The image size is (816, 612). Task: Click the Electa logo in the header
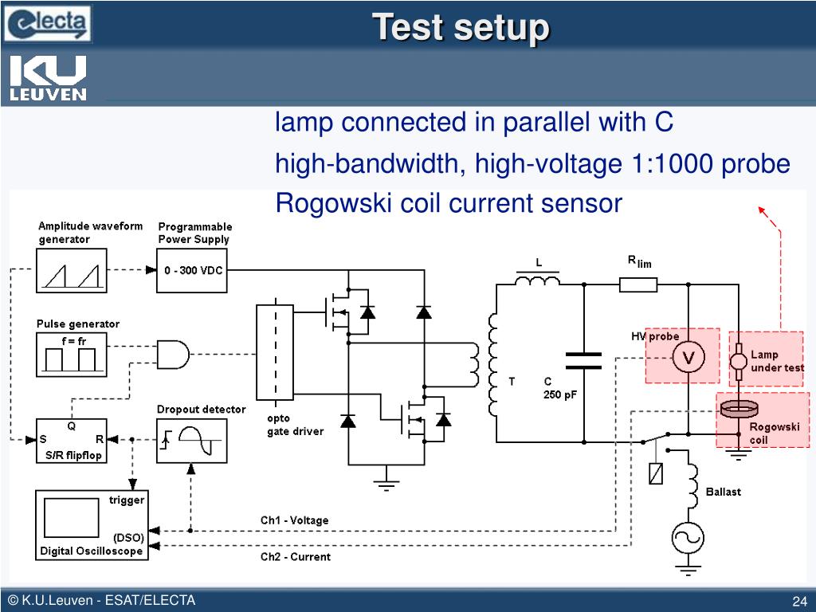47,23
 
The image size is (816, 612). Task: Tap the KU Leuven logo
48,77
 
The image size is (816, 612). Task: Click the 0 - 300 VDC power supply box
191,270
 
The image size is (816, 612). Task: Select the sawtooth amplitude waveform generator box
71,270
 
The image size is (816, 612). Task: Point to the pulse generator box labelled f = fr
71,355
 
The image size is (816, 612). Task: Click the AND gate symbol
173,355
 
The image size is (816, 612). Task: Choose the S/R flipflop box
71,441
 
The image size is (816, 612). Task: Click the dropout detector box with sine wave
191,441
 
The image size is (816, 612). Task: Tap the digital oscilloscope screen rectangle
71,517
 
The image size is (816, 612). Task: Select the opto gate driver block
275,351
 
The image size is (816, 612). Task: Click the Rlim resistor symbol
638,284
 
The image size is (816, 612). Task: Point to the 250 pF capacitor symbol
583,361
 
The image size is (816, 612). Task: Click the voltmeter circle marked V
688,358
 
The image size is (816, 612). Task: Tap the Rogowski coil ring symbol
739,410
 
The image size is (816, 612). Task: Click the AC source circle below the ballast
688,538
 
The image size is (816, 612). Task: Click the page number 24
798,601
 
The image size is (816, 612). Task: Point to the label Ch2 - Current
295,557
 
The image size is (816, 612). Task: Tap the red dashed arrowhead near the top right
762,210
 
